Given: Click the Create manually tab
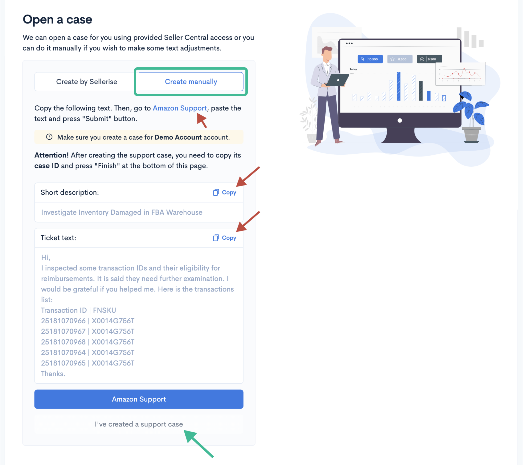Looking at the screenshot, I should (191, 82).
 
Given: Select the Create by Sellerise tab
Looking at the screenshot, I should (87, 82).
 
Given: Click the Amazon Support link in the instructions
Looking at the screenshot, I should (180, 108).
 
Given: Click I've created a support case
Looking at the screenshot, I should (139, 424).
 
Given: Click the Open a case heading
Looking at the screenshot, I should (57, 19).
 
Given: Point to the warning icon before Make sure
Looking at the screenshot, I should (49, 137).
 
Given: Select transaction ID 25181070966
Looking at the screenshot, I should (63, 321).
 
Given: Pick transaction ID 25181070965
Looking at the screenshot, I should (63, 363).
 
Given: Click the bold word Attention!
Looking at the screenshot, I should (51, 155).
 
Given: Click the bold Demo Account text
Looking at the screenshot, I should (178, 137).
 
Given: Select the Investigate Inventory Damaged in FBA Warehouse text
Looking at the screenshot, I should (122, 212).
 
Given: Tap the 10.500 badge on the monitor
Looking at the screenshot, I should (370, 59).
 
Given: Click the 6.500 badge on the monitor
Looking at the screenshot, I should (429, 59).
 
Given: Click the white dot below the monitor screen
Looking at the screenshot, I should (400, 120).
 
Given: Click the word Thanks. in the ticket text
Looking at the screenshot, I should (53, 374).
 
